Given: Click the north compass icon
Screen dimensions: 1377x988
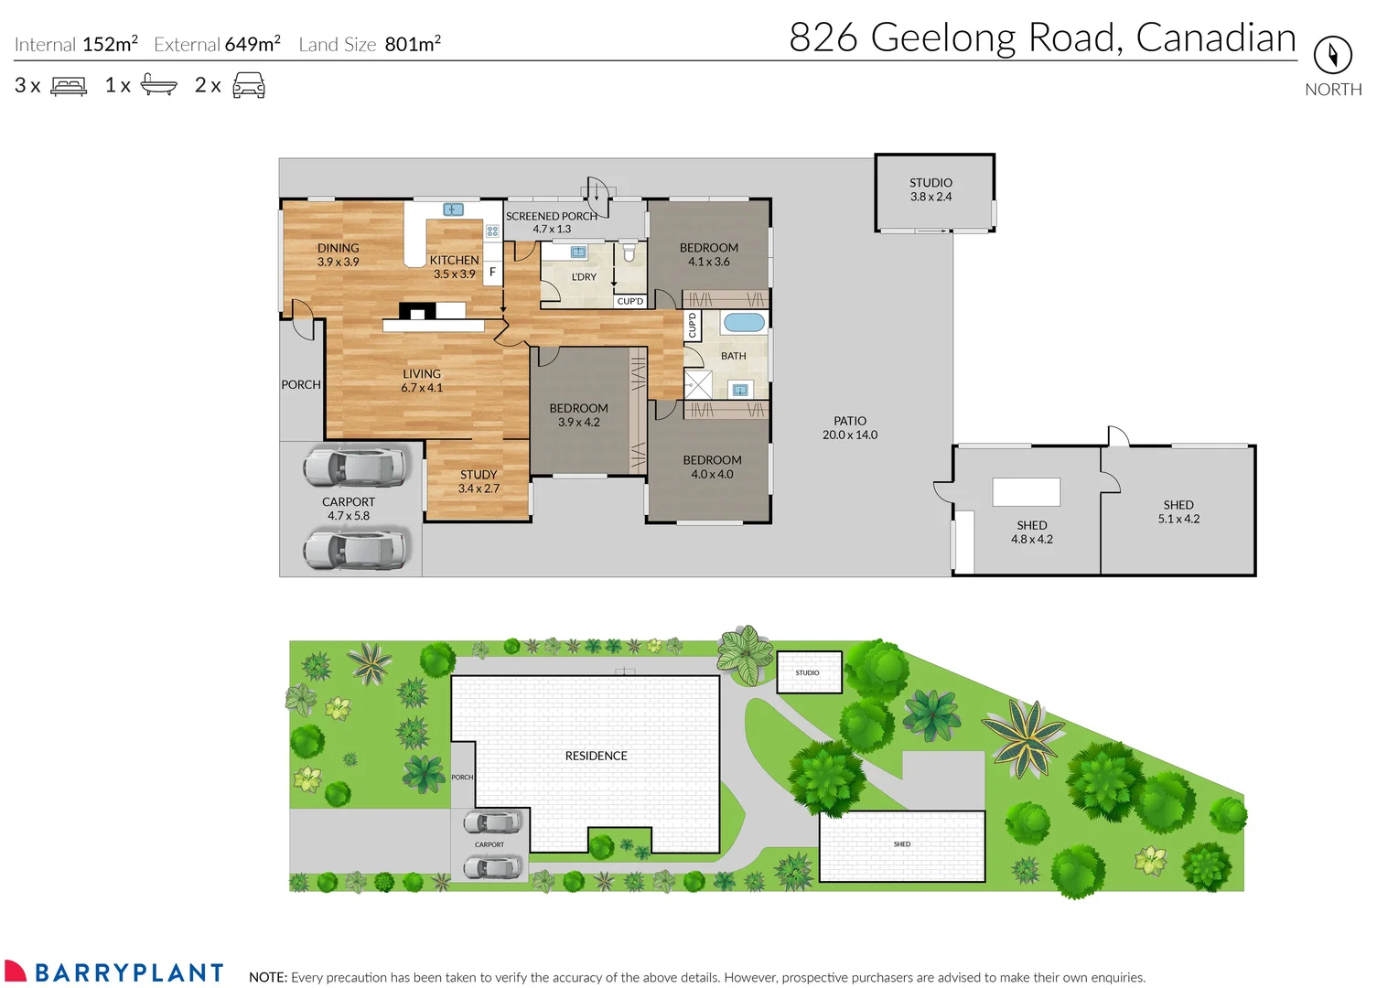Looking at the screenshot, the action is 1333,55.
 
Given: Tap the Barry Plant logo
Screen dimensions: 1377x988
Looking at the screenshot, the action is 113,972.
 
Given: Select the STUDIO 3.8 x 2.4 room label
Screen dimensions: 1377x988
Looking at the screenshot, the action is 931,189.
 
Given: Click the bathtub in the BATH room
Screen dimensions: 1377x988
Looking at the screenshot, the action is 744,323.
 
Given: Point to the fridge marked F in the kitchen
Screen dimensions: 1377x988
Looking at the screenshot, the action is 492,271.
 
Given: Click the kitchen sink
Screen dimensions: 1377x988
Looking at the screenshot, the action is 453,209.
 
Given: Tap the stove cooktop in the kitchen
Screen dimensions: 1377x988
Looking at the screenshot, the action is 492,231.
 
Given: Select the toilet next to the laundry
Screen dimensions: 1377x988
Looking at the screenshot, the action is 629,252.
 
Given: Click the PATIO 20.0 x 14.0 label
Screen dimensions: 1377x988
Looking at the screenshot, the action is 850,428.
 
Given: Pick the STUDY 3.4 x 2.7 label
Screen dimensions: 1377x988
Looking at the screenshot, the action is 479,481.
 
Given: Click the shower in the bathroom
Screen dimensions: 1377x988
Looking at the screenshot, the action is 698,385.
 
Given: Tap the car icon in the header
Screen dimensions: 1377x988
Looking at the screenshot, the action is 248,85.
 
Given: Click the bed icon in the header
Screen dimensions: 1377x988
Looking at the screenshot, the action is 69,86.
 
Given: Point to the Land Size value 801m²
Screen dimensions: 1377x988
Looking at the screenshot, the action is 413,44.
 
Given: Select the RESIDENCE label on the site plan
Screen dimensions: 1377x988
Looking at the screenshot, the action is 597,756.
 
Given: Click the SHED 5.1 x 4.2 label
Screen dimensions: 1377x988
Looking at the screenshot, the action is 1178,511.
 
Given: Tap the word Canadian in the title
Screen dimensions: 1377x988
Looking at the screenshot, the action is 1216,38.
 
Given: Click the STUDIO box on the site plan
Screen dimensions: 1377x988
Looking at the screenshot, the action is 809,672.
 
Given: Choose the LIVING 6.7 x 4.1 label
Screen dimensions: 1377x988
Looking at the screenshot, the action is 421,381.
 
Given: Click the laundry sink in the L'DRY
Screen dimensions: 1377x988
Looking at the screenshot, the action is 578,252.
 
